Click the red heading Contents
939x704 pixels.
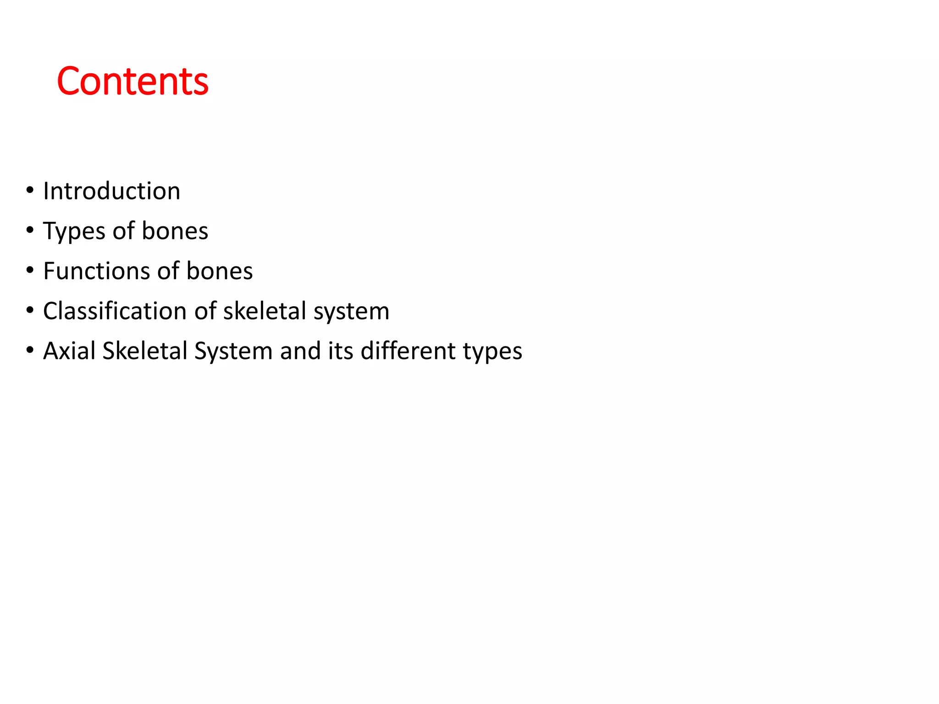pos(133,82)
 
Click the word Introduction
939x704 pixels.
pos(111,191)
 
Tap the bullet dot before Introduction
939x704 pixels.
pos(30,190)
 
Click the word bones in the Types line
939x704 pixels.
pos(175,231)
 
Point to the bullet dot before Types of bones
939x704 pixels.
pos(30,230)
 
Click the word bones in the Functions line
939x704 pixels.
pos(219,270)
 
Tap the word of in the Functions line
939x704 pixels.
pos(168,270)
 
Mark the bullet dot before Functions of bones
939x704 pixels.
pos(30,270)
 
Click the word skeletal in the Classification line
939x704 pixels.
pos(265,311)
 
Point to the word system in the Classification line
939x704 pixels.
pos(351,312)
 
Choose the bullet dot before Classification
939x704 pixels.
pos(30,310)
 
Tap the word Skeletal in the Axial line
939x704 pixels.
pos(145,351)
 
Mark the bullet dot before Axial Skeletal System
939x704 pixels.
pos(30,350)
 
